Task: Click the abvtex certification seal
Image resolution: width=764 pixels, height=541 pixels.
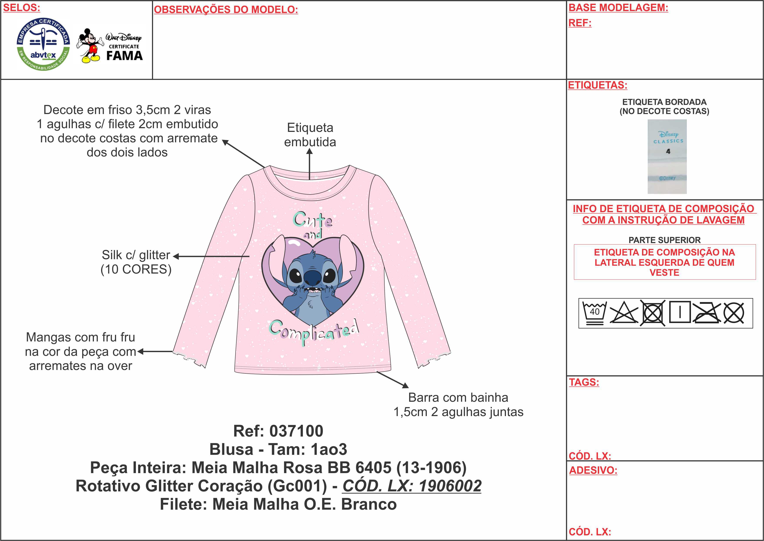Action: point(43,44)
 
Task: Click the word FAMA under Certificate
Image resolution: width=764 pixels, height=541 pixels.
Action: point(124,56)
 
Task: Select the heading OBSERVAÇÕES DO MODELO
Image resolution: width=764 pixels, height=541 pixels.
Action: point(226,10)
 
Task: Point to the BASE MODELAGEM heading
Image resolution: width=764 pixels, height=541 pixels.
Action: point(618,8)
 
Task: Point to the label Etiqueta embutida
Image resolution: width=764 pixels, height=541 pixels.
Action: point(310,135)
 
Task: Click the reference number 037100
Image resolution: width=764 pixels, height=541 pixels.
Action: point(296,431)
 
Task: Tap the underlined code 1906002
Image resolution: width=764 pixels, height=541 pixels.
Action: point(450,486)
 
